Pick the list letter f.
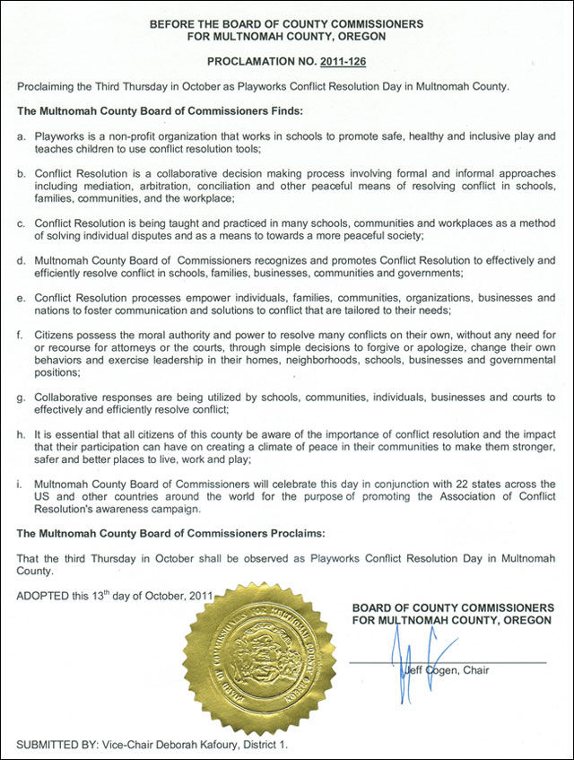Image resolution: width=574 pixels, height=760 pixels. (x=21, y=335)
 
